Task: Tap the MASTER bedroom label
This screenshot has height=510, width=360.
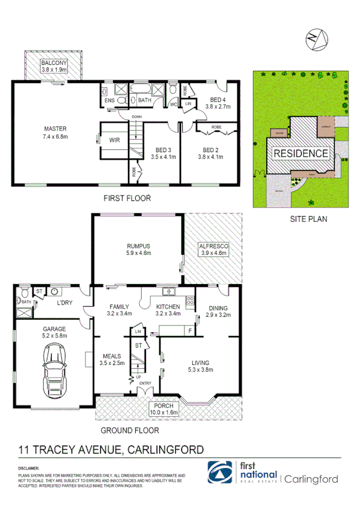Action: tap(54, 129)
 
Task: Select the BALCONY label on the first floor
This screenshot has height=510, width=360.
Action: tap(53, 63)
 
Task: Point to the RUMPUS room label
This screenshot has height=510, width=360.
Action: tap(138, 245)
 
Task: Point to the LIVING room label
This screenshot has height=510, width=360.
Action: tap(200, 363)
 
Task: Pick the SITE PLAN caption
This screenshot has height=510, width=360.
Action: tap(309, 219)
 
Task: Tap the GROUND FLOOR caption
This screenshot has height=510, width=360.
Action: tap(129, 431)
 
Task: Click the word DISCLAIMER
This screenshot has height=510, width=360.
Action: tap(28, 468)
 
